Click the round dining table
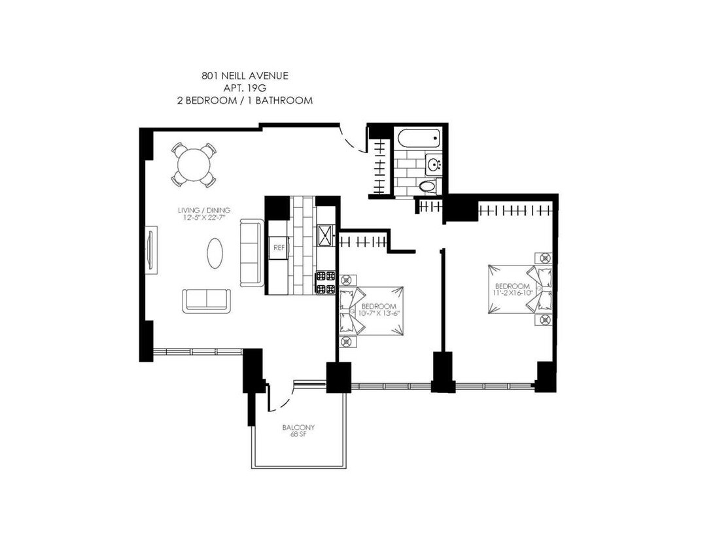(x=194, y=165)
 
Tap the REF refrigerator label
(x=279, y=248)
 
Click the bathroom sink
(x=434, y=164)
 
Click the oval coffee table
(x=215, y=254)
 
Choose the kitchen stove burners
(x=325, y=283)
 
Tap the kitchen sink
(x=326, y=235)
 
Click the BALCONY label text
(x=299, y=428)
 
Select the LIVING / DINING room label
(x=204, y=210)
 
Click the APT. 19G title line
(x=245, y=88)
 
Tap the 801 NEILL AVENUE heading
(x=245, y=76)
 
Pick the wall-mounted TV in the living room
(x=151, y=250)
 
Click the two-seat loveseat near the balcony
(x=207, y=301)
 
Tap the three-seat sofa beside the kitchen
(x=252, y=253)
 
